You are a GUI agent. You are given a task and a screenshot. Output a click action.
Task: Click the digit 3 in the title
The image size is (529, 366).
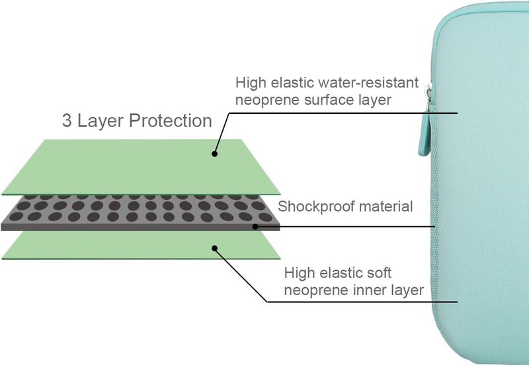(67, 120)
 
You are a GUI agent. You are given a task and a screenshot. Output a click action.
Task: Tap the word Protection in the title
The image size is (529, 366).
(171, 120)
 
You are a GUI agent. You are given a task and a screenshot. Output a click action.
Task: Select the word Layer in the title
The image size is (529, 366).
(101, 122)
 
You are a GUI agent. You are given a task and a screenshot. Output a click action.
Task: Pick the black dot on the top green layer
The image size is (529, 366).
(214, 154)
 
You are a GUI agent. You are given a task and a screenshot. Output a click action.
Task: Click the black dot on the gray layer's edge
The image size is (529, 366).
(255, 226)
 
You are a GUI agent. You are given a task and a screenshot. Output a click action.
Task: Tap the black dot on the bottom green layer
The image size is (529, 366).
(214, 248)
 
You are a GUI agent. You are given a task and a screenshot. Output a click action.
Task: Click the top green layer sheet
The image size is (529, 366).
(141, 167)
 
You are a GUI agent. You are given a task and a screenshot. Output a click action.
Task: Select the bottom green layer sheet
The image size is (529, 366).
(141, 245)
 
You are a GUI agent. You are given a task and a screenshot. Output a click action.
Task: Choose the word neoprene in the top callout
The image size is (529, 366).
(268, 101)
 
